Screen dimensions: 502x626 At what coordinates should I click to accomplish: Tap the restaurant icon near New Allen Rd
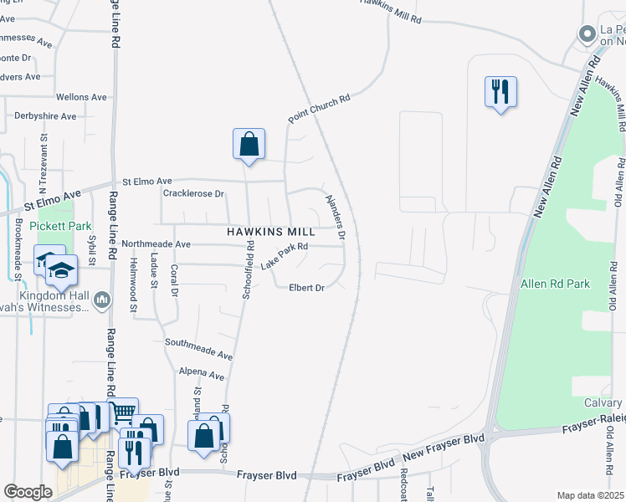[500, 91]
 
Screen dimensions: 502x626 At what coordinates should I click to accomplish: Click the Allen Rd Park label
[555, 284]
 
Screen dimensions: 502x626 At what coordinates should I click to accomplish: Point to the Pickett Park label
[54, 226]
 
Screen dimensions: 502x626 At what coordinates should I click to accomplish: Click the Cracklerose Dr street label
[193, 194]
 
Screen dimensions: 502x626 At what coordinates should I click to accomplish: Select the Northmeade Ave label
[156, 244]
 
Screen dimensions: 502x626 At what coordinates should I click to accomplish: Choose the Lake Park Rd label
[285, 255]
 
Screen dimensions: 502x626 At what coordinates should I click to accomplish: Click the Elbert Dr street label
[306, 288]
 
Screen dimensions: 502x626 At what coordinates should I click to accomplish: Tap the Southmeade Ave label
[198, 348]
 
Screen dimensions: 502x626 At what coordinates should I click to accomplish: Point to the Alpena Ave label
[204, 373]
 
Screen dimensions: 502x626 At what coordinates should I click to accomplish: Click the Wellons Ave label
[81, 97]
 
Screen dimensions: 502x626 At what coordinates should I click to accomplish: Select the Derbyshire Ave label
[45, 116]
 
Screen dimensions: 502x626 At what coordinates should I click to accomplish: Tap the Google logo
[28, 492]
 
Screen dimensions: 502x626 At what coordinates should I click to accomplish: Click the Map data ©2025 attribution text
[589, 495]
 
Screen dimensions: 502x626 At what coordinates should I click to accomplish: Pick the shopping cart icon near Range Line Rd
[123, 412]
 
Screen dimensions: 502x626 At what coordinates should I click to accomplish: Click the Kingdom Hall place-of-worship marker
[101, 299]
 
